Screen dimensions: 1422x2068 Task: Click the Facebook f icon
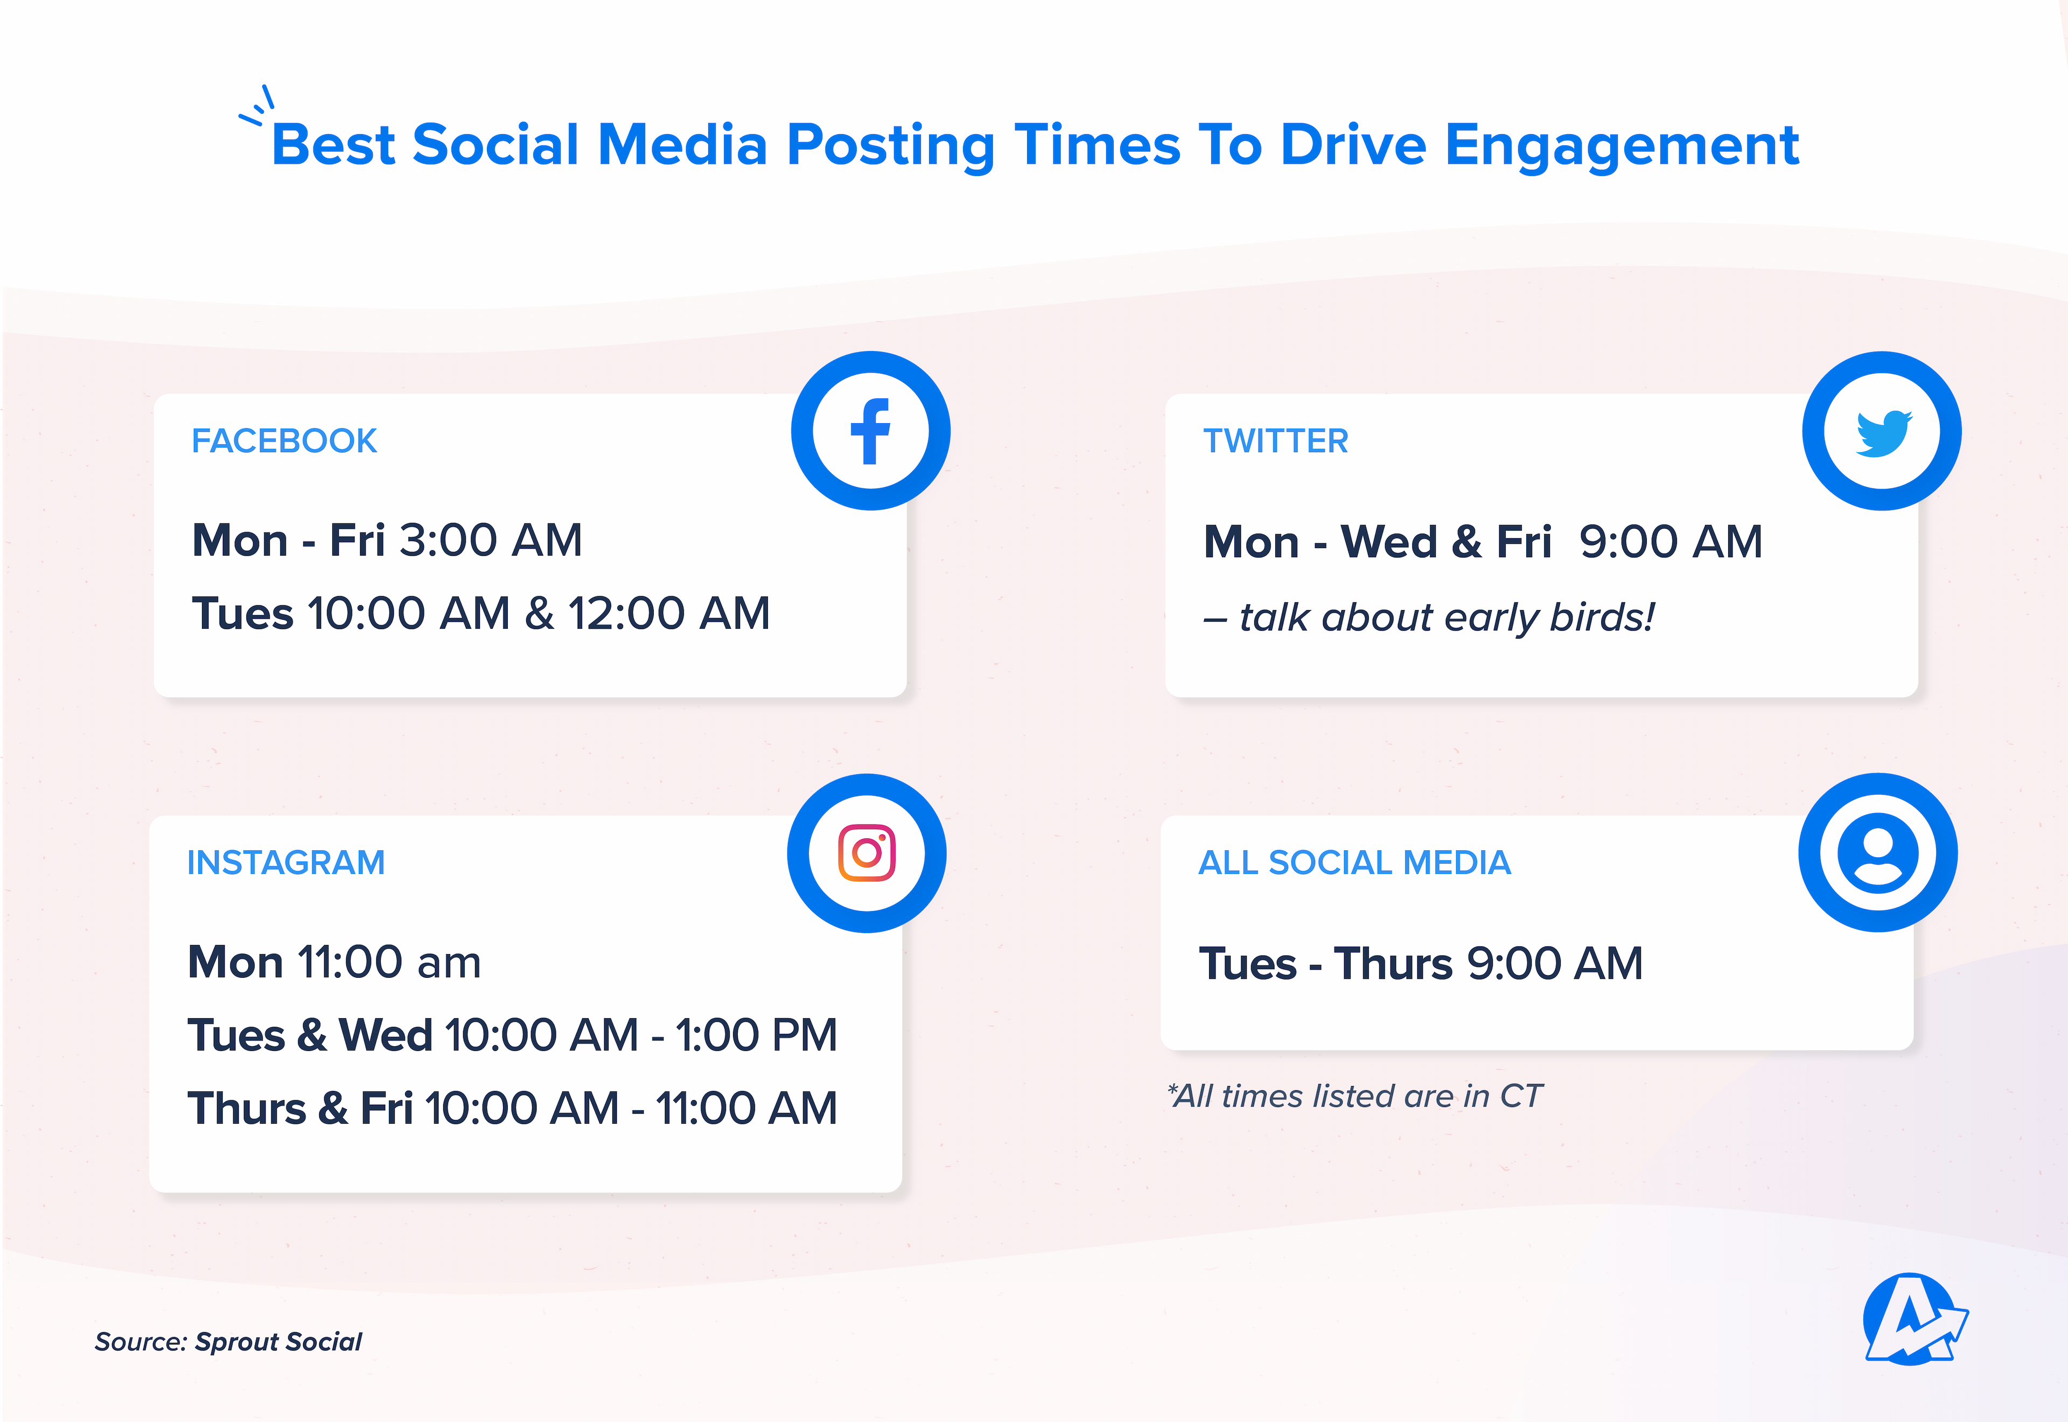pos(870,431)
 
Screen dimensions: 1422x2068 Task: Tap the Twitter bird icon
pos(1882,432)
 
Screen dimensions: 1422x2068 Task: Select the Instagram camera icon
pos(867,853)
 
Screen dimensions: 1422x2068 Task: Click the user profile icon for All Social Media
pos(1877,853)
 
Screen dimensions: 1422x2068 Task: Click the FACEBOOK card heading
pos(284,441)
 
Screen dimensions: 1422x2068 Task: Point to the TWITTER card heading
pos(1275,441)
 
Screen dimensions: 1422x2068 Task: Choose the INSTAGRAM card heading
pos(286,863)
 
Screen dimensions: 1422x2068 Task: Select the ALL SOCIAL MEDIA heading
pos(1354,863)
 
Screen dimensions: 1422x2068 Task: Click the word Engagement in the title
pos(1622,145)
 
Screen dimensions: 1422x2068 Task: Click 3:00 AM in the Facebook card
pos(491,540)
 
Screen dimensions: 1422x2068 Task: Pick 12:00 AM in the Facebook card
pos(668,613)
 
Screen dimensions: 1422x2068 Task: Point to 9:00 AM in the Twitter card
pos(1671,542)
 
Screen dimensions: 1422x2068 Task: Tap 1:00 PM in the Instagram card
pos(756,1035)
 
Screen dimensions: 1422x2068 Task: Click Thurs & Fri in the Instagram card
pos(301,1109)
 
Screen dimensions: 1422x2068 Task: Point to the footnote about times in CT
pos(1354,1096)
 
